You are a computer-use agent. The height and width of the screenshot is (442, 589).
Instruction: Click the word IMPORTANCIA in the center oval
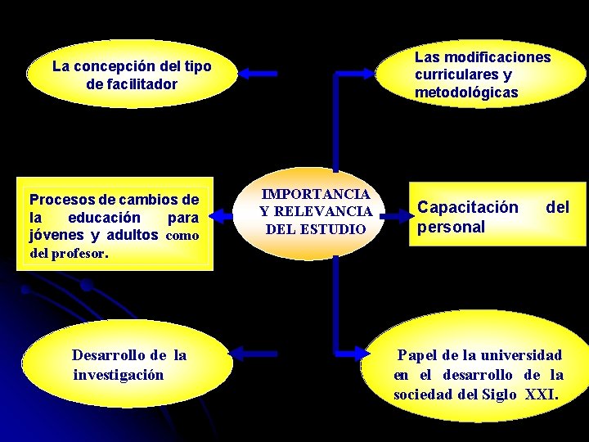pos(316,195)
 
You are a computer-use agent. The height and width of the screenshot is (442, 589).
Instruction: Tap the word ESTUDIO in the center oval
pos(333,228)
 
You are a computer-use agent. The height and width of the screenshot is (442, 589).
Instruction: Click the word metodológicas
pos(466,92)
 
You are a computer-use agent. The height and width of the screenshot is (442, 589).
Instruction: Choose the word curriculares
pos(455,74)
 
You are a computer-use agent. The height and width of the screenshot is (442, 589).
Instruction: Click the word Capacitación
pos(467,208)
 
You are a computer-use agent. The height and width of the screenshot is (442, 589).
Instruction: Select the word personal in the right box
pos(451,227)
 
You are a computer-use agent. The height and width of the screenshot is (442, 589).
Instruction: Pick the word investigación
pos(118,374)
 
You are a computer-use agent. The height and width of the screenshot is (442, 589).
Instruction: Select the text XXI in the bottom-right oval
pos(539,394)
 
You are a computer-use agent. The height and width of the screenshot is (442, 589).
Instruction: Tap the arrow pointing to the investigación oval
pos(254,353)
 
